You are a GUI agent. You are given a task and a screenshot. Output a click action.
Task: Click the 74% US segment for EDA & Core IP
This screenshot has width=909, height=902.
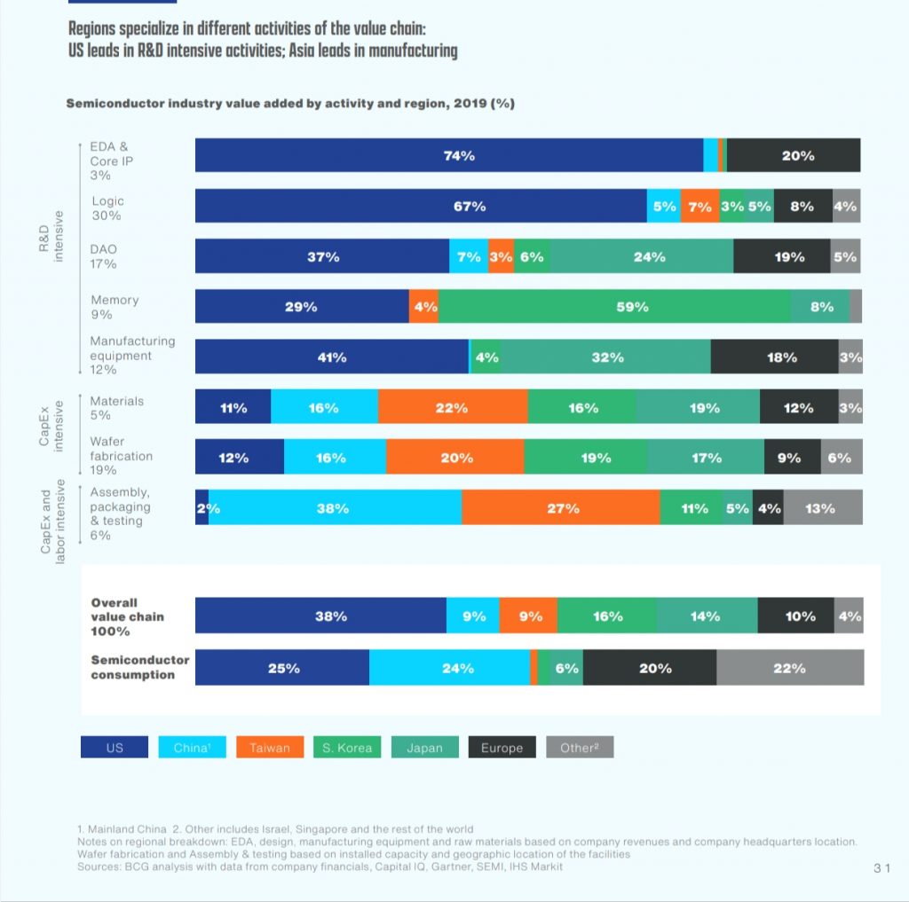pyautogui.click(x=449, y=155)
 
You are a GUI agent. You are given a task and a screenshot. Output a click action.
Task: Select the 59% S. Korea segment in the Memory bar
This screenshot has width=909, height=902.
pyautogui.click(x=614, y=307)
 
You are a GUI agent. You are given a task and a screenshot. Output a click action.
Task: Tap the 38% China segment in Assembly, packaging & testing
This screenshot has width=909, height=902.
pyautogui.click(x=336, y=508)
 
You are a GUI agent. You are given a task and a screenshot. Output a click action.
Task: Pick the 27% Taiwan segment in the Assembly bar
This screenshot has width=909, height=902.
pyautogui.click(x=561, y=508)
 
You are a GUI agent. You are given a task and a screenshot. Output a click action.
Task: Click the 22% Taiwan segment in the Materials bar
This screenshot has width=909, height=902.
pyautogui.click(x=453, y=408)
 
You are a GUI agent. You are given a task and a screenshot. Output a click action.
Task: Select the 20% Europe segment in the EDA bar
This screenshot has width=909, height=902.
pyautogui.click(x=794, y=155)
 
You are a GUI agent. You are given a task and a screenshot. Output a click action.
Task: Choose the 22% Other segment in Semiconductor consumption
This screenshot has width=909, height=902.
pyautogui.click(x=789, y=668)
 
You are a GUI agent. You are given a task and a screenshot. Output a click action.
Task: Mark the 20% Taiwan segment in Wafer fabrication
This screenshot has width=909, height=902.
pyautogui.click(x=454, y=458)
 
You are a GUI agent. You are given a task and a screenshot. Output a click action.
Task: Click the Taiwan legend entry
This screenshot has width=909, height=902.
pyautogui.click(x=270, y=748)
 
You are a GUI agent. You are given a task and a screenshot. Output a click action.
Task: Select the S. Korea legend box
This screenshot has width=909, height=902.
pyautogui.click(x=347, y=748)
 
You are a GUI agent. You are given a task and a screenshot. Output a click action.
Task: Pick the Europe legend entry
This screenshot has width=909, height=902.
pyautogui.click(x=502, y=748)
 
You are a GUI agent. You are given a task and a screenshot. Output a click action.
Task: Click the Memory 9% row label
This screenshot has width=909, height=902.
pyautogui.click(x=115, y=307)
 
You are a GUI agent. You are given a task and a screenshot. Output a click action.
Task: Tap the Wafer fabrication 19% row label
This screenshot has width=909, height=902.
pyautogui.click(x=121, y=456)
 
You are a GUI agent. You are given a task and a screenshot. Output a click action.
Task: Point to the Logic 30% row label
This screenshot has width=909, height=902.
pyautogui.click(x=107, y=208)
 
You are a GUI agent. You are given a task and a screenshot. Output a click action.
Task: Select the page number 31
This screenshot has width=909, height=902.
pyautogui.click(x=881, y=868)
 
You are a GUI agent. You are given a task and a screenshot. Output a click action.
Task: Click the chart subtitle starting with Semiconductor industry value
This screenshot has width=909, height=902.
pyautogui.click(x=290, y=104)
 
